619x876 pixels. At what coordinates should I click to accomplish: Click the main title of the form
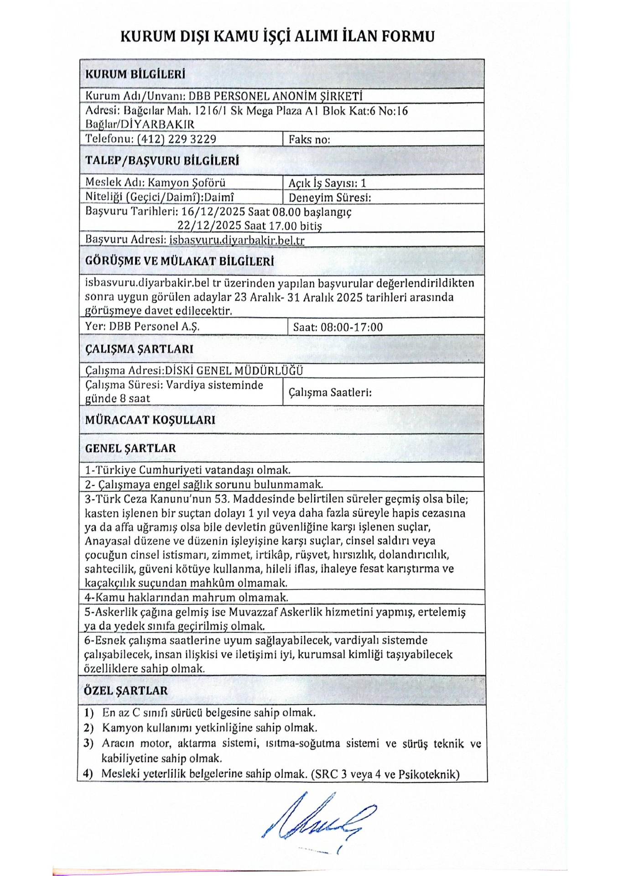point(277,36)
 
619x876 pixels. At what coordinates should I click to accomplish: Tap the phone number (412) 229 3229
point(177,139)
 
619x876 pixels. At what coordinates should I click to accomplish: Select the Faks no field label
point(309,140)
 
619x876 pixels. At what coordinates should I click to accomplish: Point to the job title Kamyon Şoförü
point(187,182)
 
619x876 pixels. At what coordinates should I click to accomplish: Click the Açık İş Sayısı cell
point(327,183)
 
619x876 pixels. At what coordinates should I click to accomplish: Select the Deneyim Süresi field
point(329,198)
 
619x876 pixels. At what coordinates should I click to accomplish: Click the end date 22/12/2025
point(209,226)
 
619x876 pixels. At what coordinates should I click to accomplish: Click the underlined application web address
point(236,240)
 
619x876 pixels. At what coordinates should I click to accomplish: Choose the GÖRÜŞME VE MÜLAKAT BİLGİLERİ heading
point(179,261)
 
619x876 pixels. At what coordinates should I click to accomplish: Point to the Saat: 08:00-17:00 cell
point(338,327)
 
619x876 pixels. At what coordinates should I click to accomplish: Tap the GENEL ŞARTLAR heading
point(130,448)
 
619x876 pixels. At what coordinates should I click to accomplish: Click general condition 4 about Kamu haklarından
point(187,597)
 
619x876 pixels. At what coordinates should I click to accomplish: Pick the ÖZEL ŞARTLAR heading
point(126,690)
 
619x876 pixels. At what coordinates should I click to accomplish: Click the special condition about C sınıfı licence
point(208,712)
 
